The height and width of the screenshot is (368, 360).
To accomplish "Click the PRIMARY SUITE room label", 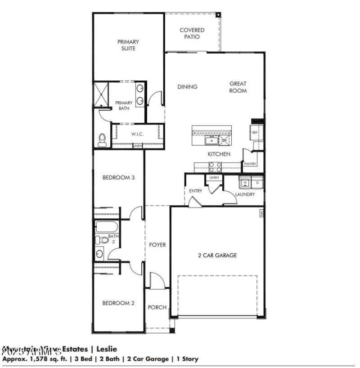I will (x=128, y=45).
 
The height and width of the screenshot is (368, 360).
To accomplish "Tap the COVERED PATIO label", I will (x=192, y=33).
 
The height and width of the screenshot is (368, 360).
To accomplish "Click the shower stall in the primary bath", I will (x=101, y=93).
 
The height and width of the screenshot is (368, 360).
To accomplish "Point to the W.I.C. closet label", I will (x=137, y=134).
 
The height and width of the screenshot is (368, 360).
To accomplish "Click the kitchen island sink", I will (x=211, y=141).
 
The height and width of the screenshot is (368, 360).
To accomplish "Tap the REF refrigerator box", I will (x=255, y=133).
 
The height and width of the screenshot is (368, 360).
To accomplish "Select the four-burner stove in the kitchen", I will (x=215, y=166).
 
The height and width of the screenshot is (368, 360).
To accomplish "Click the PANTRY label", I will (x=250, y=164).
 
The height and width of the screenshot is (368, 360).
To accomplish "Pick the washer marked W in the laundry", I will (x=245, y=182).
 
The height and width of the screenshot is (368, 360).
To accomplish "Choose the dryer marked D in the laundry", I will (x=257, y=182).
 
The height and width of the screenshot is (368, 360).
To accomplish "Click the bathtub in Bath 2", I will (x=107, y=226).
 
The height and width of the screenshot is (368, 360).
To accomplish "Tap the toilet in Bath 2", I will (x=103, y=240).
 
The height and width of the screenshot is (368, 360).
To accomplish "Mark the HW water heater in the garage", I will (x=261, y=213).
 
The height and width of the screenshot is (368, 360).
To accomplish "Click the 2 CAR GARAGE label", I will (x=217, y=256).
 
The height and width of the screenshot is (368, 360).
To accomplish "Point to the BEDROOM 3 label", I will (x=119, y=178).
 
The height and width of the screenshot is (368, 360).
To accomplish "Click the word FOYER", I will (x=157, y=245).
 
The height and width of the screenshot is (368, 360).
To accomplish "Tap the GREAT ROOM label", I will (x=238, y=87).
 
